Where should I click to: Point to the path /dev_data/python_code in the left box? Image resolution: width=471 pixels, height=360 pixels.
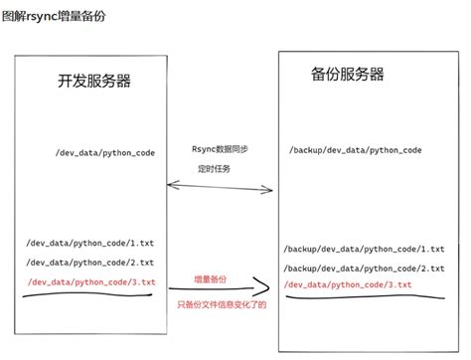click(x=104, y=154)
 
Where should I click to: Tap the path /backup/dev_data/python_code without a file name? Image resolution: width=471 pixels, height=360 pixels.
click(x=355, y=150)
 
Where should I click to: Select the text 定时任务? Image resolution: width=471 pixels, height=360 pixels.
click(x=219, y=169)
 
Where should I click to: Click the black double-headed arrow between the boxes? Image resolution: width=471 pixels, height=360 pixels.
click(x=221, y=186)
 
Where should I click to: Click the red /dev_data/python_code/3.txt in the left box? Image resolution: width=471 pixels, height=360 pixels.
click(x=93, y=282)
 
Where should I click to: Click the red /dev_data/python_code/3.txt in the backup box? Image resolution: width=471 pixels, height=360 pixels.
click(x=347, y=286)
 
